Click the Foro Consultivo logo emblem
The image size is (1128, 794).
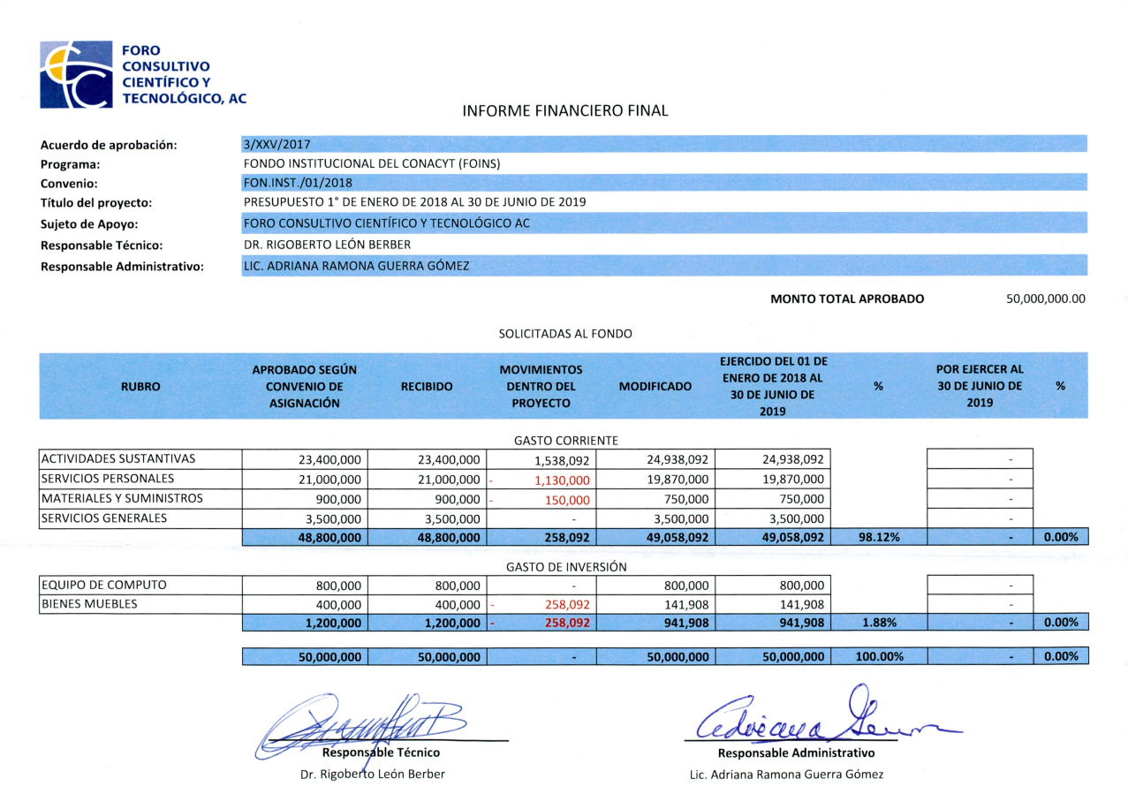[x=76, y=74]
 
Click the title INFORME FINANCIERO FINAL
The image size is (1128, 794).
[x=565, y=111]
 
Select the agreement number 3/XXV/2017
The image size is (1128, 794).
[x=276, y=144]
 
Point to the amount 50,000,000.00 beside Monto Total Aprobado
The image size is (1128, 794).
[x=1045, y=299]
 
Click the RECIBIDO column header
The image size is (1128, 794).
[x=427, y=386]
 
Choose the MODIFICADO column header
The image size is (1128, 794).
[x=655, y=386]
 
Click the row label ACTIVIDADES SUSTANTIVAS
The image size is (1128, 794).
[x=117, y=459]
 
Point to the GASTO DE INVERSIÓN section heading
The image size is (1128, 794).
[x=566, y=567]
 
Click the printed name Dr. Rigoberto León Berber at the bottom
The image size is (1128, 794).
[x=373, y=775]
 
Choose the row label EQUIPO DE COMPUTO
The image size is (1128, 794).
[x=102, y=585]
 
